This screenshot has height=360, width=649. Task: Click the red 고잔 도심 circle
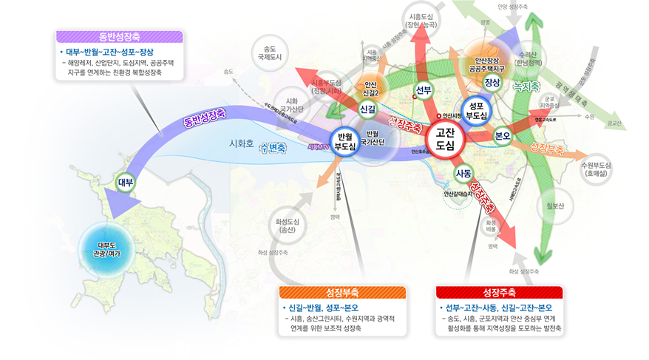445,138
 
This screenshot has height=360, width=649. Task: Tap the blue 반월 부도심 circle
344,140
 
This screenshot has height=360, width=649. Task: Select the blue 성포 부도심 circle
476,111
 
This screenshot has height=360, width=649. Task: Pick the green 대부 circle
126,181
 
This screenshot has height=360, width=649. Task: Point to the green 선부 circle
424,91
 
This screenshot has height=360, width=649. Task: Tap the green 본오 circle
503,136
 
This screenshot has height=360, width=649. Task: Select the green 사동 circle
463,174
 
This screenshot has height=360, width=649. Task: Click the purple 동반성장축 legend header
120,36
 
